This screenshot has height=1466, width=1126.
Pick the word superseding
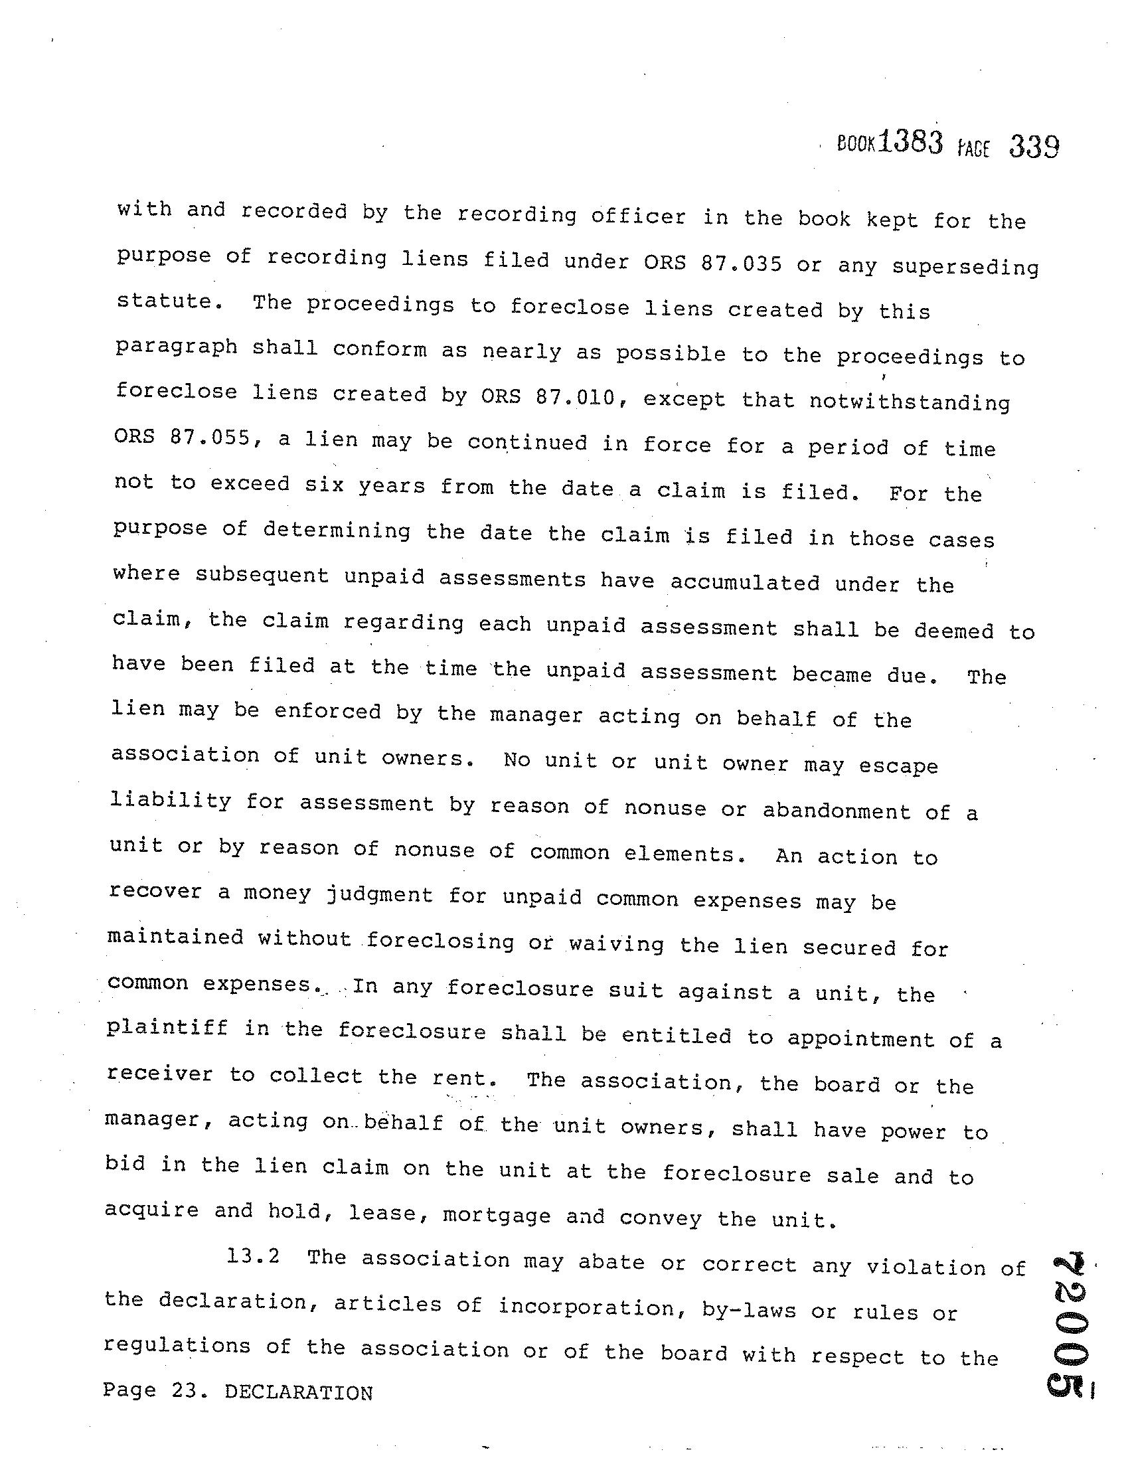click(x=965, y=267)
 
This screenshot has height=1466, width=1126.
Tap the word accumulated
click(x=745, y=582)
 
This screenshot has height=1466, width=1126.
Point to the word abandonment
click(x=837, y=811)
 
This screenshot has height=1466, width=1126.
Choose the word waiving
click(x=617, y=945)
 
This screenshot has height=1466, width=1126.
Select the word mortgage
click(x=497, y=1215)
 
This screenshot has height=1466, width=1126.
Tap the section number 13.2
click(x=253, y=1256)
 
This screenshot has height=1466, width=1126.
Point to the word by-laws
click(x=749, y=1309)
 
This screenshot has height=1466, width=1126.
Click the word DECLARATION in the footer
click(x=299, y=1393)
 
